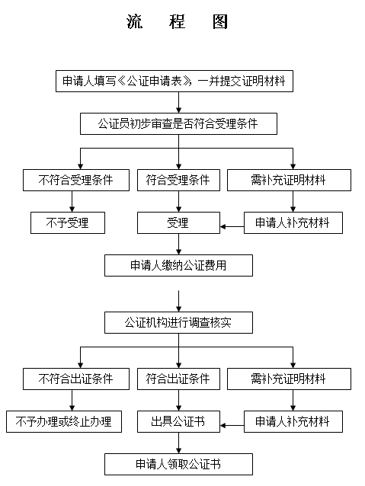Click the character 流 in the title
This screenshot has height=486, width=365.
point(135,21)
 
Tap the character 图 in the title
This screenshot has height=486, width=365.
point(220,21)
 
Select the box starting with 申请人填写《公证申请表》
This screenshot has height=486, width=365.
point(174,82)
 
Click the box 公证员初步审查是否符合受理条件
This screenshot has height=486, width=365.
point(178,123)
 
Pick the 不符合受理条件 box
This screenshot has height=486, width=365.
point(76,180)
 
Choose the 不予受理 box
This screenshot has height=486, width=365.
point(68,223)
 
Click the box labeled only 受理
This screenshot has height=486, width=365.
point(178,223)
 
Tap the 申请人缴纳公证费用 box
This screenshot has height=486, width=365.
point(178,266)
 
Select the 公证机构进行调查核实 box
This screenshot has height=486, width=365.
point(178,323)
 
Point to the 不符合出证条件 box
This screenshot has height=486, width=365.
point(76,379)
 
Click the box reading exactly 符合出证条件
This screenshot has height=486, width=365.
point(178,379)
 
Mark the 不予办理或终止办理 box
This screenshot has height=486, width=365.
point(64,422)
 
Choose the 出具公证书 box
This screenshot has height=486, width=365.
point(178,422)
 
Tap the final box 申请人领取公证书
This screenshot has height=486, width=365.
point(178,465)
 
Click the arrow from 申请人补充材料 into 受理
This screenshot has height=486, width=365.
point(232,226)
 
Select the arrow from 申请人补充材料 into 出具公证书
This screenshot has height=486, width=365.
point(232,426)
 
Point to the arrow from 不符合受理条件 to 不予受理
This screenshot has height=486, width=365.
point(72,201)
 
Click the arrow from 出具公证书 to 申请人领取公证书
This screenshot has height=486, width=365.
point(178,443)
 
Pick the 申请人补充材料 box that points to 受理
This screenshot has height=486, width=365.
point(293,223)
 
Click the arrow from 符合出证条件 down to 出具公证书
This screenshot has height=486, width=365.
point(178,401)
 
